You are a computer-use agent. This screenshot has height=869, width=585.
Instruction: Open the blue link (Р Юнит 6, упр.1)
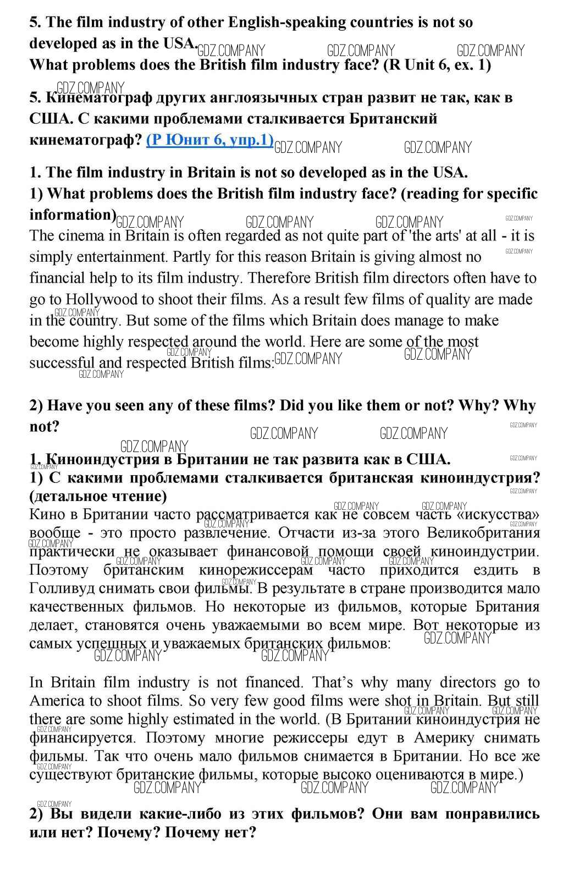point(209,140)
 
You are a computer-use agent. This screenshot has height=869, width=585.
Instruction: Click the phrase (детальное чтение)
point(98,496)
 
